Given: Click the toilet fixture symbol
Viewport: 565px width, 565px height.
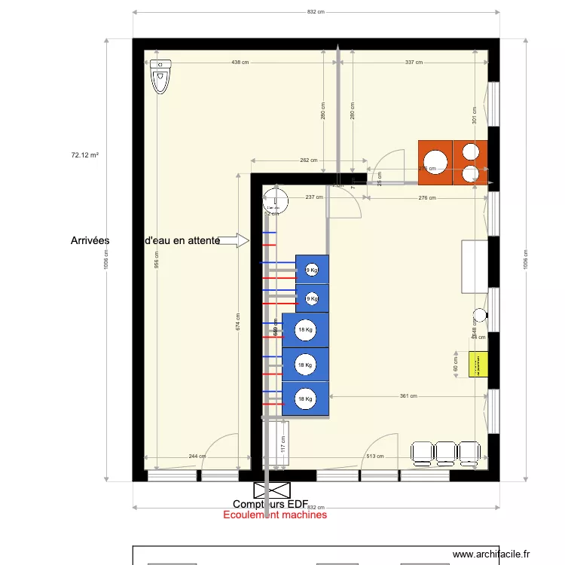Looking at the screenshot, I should click(x=160, y=76).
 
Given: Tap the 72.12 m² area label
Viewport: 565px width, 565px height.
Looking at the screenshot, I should click(x=85, y=155).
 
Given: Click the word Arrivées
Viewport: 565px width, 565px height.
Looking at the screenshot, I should click(x=90, y=240).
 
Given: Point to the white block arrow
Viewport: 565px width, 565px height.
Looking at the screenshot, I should click(x=237, y=240).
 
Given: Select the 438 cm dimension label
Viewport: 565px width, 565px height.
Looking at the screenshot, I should click(x=240, y=63).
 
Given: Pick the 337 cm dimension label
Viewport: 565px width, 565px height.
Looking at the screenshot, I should click(x=414, y=63).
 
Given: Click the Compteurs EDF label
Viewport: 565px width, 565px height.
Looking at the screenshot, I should click(x=280, y=504).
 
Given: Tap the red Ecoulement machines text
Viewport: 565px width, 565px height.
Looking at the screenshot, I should click(x=275, y=515).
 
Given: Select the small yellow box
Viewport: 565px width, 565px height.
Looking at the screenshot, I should click(x=478, y=365).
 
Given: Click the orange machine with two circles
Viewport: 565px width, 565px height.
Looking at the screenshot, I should click(x=470, y=162).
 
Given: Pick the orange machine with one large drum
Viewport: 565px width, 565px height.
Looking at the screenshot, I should click(x=435, y=162).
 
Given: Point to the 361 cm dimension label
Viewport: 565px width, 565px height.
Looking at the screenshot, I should click(x=408, y=396).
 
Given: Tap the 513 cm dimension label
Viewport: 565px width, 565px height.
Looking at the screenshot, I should click(x=375, y=457).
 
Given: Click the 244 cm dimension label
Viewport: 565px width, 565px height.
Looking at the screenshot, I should click(x=197, y=457).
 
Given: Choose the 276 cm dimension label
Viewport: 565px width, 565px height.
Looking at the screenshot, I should click(x=427, y=198).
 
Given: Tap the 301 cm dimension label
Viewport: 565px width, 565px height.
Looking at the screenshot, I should click(x=475, y=115).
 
